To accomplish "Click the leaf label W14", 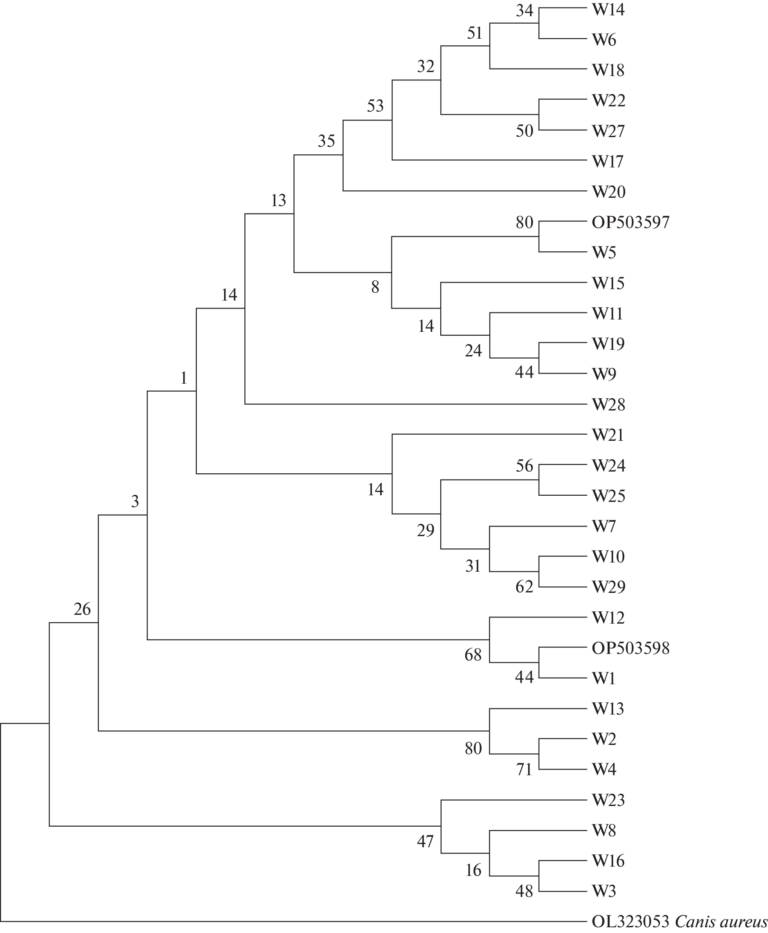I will point(609,10).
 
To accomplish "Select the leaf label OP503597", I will point(630,222).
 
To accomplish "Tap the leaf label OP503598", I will point(630,648).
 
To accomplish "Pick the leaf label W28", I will point(609,405).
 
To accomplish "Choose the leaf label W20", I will point(609,192).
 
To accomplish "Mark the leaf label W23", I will point(609,800).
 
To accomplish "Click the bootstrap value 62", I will point(524,587).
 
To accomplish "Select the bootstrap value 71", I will point(524,770).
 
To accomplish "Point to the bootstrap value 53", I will point(375,106).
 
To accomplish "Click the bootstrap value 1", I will point(184,378).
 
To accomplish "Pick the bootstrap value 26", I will point(82,609).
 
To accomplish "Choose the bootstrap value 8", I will point(375,287).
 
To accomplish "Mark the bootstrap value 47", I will point(425,842).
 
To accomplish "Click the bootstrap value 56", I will point(524,466).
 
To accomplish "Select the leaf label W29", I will point(609,587).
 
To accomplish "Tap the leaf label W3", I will point(604,891).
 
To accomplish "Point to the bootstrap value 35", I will point(326,141).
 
